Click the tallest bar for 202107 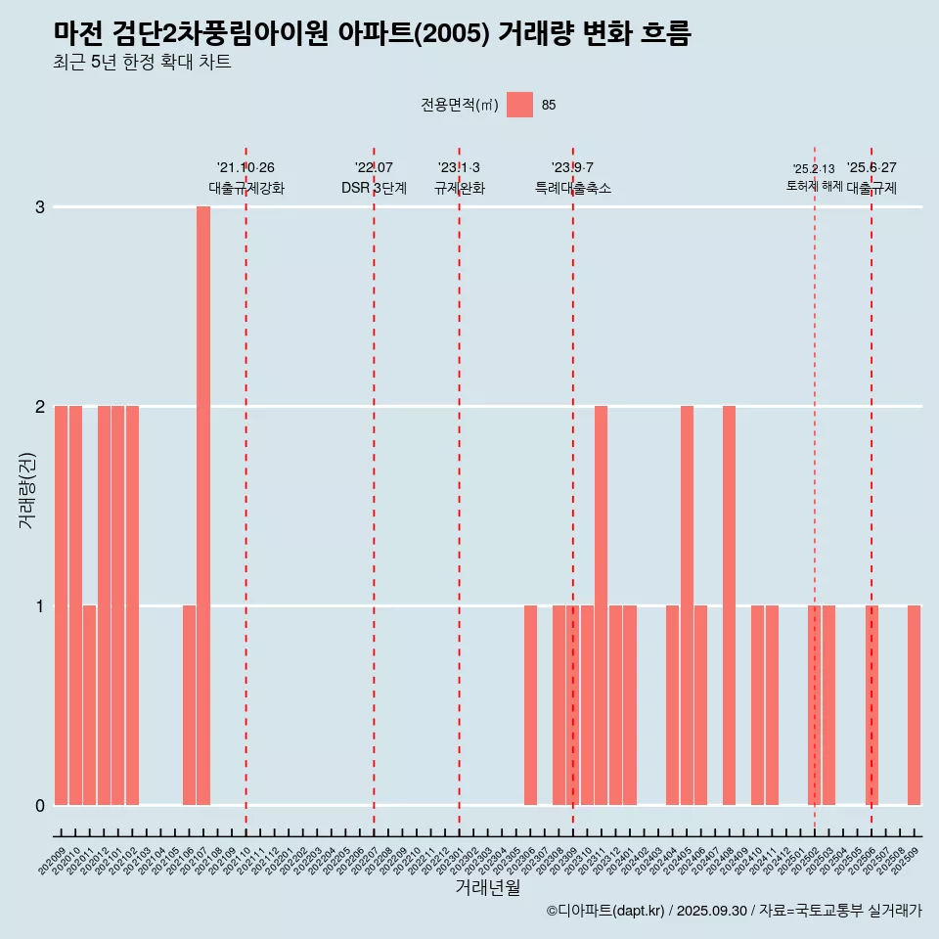tap(203, 506)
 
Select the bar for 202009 tap(61, 605)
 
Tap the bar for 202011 tap(89, 705)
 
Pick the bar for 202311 tap(601, 605)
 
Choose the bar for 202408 tap(729, 605)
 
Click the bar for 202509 tap(914, 705)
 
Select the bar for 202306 tap(530, 705)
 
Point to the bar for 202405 tap(687, 605)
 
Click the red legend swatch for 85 tap(519, 105)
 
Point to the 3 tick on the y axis tap(40, 207)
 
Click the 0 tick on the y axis tap(40, 805)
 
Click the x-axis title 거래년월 tap(487, 888)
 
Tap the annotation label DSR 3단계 tap(374, 188)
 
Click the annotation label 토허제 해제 tap(814, 186)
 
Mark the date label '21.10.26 tap(246, 168)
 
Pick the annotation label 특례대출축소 tap(572, 188)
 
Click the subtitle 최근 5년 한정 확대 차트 tap(143, 64)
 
